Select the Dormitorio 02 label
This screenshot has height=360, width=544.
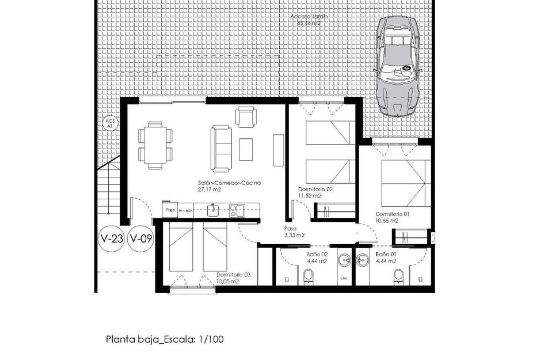click(315, 189)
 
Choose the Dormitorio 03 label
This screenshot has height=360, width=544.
click(234, 275)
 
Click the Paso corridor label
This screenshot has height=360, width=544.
click(290, 228)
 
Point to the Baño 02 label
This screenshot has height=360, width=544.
click(317, 254)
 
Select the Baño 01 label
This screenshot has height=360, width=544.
click(386, 254)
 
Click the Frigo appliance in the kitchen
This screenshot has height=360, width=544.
click(170, 210)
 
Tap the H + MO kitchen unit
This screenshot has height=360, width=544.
click(185, 210)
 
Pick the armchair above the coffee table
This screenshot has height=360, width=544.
click(246, 118)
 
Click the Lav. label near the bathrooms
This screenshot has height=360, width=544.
click(344, 278)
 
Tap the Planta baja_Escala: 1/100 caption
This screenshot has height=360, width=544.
click(164, 339)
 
